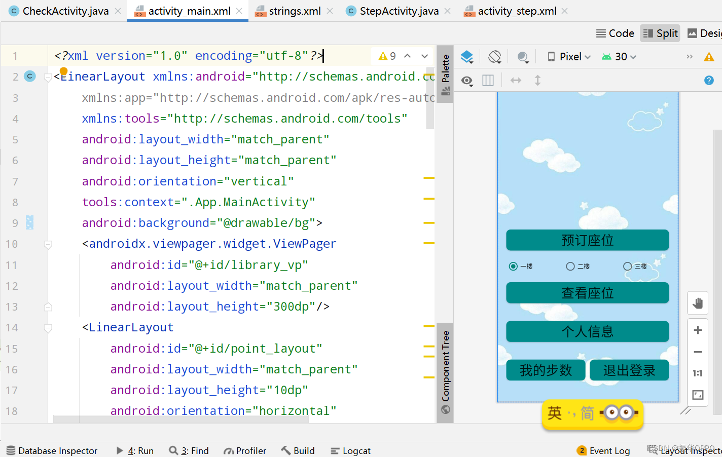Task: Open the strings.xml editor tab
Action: (294, 11)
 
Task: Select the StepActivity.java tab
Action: (399, 11)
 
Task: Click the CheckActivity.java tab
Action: (65, 11)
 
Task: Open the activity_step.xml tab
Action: (517, 11)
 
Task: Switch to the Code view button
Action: (615, 33)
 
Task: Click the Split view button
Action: (660, 33)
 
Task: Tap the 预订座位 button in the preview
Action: (587, 240)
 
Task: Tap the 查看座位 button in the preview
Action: (587, 293)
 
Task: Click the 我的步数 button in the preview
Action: (546, 370)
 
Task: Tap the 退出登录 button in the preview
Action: (629, 370)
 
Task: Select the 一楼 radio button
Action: (514, 266)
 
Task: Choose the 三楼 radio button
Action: (628, 266)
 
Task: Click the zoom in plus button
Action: (698, 330)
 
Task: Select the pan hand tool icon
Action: (698, 303)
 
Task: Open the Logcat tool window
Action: (350, 450)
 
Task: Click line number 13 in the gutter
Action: (12, 307)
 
